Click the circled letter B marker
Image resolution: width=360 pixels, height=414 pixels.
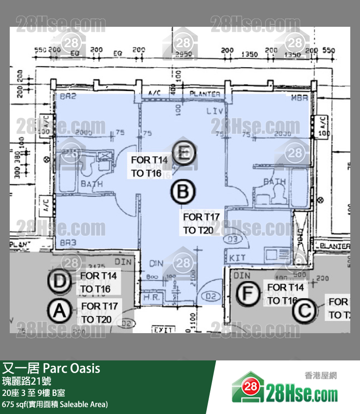point(182,192)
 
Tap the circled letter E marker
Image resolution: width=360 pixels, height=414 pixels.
point(183,154)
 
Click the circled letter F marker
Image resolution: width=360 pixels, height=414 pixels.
point(248,293)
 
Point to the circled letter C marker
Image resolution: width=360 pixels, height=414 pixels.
point(306,310)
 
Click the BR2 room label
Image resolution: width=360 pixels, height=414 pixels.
point(69,97)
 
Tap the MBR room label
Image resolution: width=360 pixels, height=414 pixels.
point(300,98)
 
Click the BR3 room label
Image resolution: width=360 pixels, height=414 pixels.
point(68,242)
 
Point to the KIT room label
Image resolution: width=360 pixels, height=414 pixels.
point(237,257)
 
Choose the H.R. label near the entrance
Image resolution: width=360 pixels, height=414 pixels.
point(149,297)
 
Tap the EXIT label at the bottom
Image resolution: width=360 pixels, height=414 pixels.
point(163,330)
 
